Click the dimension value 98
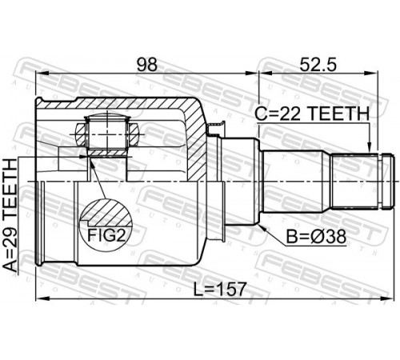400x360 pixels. pos(147,65)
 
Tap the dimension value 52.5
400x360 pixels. pos(318,65)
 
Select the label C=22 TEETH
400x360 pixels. pos(312,114)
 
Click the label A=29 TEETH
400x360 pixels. pos(10,215)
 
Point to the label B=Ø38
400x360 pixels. pos(316,237)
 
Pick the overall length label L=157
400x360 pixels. pos(219,290)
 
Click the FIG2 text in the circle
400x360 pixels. pos(106,235)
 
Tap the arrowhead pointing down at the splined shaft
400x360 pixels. pos(370,147)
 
